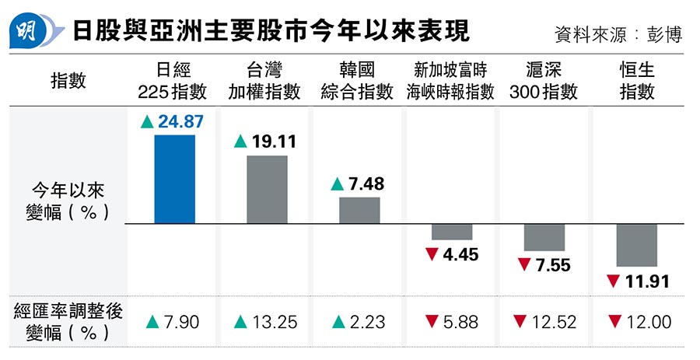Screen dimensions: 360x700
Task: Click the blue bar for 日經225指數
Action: (174, 180)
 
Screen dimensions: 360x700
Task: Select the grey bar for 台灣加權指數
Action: (267, 190)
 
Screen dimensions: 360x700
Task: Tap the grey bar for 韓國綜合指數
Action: (359, 211)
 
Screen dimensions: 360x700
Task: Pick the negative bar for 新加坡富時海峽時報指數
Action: (452, 232)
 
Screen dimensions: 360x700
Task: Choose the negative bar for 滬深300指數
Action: (544, 237)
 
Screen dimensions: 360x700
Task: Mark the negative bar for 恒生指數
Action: (637, 246)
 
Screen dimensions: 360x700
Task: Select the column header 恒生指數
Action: (637, 82)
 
